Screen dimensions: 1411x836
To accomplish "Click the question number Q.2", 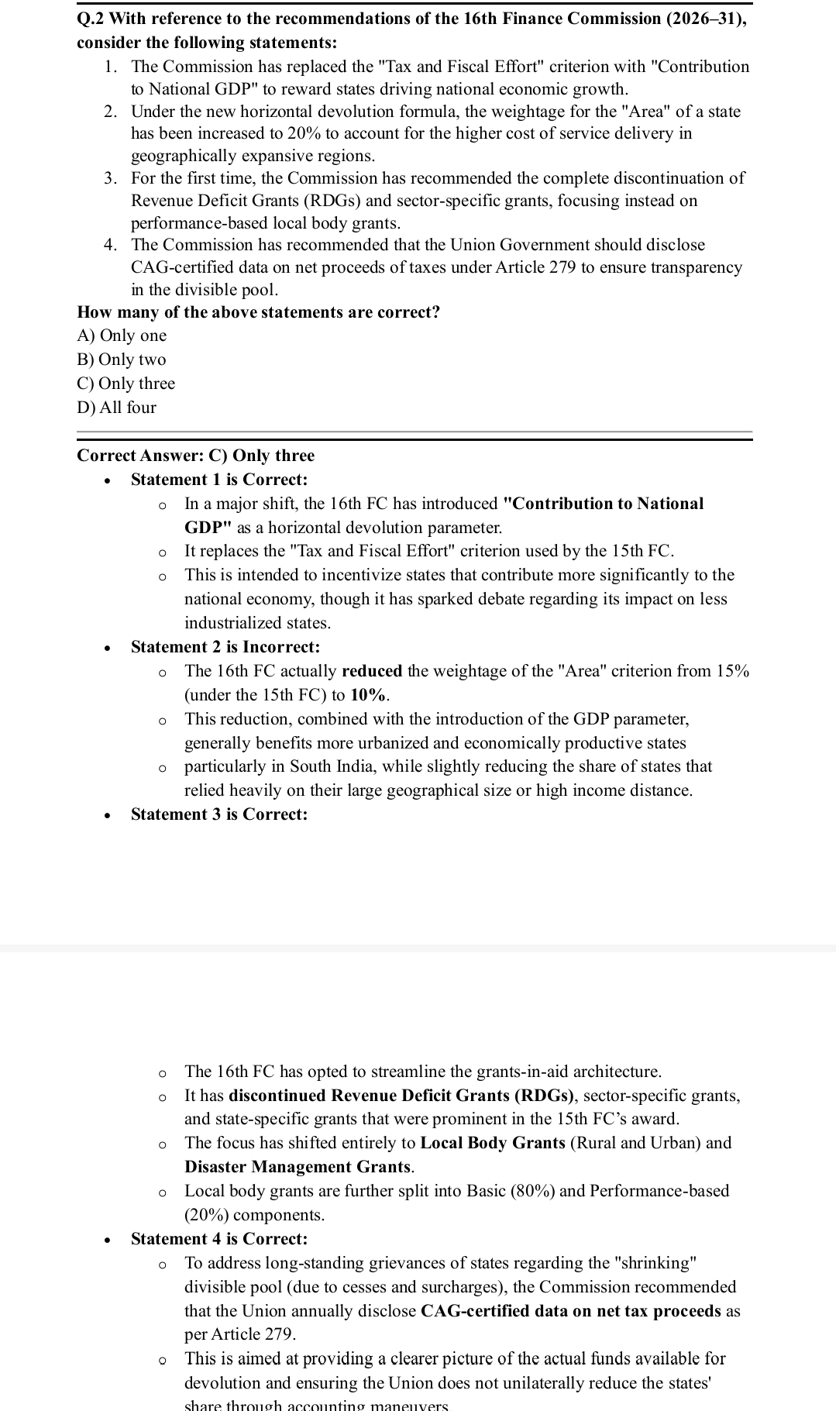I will (x=91, y=19).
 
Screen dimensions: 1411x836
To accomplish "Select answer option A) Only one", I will (x=122, y=336).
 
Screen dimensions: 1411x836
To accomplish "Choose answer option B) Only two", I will (x=122, y=360).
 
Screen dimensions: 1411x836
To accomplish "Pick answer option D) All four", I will (x=117, y=408).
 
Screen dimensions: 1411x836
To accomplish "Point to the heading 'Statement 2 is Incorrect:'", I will (x=225, y=647).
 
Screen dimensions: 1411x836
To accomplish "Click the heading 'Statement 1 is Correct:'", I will (x=219, y=480).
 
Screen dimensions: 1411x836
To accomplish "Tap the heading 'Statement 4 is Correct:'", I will (x=219, y=1239).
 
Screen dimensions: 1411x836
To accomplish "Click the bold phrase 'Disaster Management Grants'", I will (x=298, y=1167).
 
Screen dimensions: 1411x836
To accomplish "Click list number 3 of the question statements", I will (x=111, y=178).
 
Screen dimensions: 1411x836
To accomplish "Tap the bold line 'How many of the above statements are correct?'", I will (x=259, y=312).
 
